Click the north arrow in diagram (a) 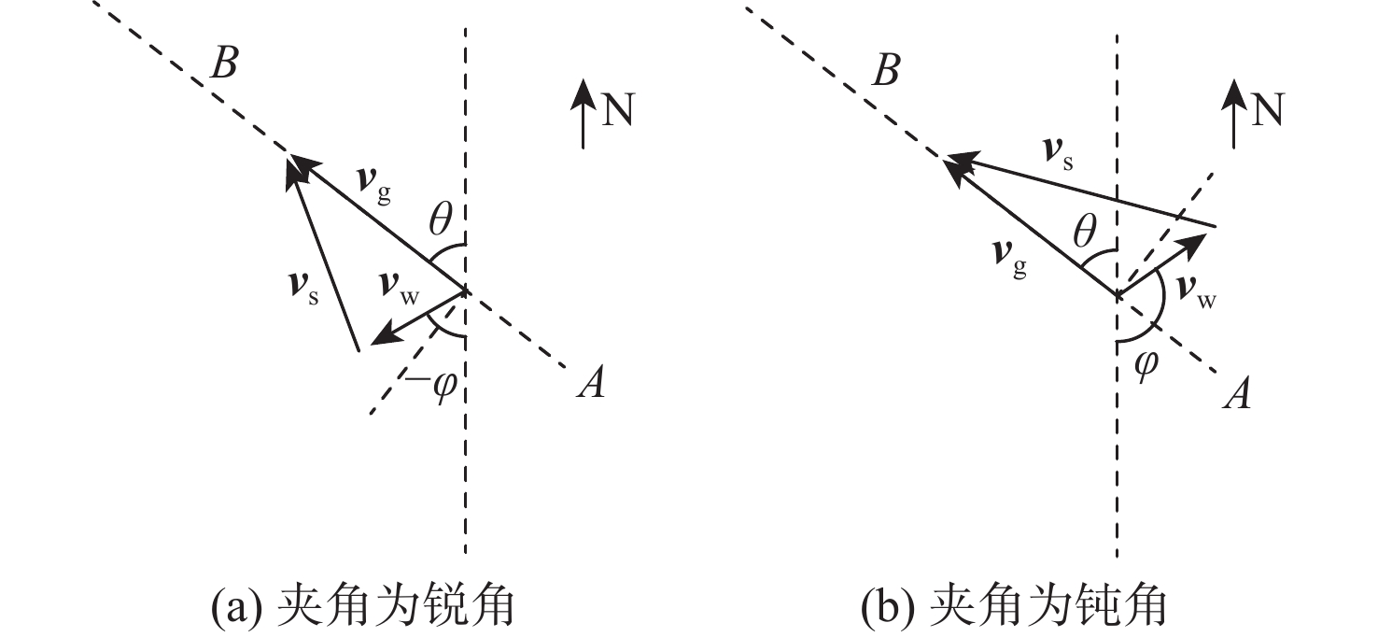[x=584, y=112]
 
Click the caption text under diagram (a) [x=364, y=607]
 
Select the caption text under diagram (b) [x=1012, y=607]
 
